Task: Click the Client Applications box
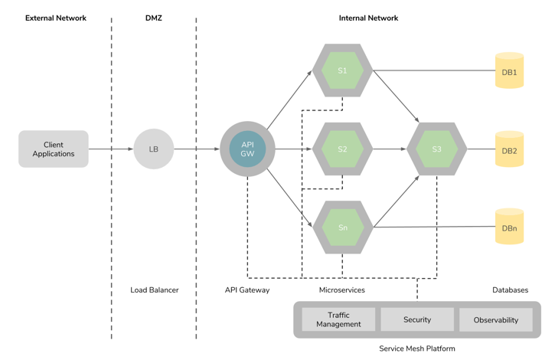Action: pyautogui.click(x=54, y=149)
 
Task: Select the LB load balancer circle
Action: pyautogui.click(x=153, y=149)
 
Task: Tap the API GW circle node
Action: pyautogui.click(x=247, y=149)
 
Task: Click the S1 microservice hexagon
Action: pyautogui.click(x=342, y=70)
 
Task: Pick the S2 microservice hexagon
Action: pyautogui.click(x=342, y=149)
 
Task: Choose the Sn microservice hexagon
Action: pyautogui.click(x=342, y=227)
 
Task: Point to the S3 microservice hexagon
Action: pyautogui.click(x=436, y=149)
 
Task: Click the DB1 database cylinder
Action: pyautogui.click(x=509, y=71)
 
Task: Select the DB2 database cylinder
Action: pyautogui.click(x=509, y=150)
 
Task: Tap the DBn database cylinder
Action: pyautogui.click(x=509, y=227)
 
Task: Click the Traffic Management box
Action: pyautogui.click(x=338, y=320)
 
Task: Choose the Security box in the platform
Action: pyautogui.click(x=417, y=319)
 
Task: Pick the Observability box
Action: pyautogui.click(x=496, y=320)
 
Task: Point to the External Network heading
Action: pyautogui.click(x=56, y=18)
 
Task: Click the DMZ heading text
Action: pyautogui.click(x=154, y=18)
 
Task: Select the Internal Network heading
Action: pyautogui.click(x=368, y=18)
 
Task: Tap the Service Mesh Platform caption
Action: pyautogui.click(x=417, y=349)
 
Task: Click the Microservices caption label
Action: pyautogui.click(x=342, y=290)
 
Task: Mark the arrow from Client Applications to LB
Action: pyautogui.click(x=111, y=149)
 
